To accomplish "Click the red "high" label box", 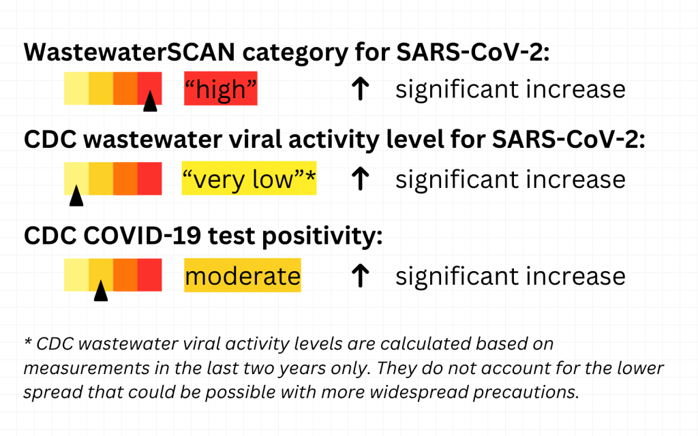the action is (x=220, y=89).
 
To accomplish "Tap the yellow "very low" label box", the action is (x=249, y=178).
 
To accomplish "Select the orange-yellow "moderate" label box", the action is (x=243, y=275).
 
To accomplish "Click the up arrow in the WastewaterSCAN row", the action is (x=360, y=88).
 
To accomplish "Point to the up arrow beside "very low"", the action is (x=360, y=178).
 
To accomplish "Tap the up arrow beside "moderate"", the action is (x=360, y=275).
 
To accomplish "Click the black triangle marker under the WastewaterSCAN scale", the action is (x=150, y=101).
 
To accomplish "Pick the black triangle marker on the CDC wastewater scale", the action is (x=76, y=196).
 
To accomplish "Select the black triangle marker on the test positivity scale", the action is (x=101, y=290).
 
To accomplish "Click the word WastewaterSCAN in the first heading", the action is (x=129, y=52).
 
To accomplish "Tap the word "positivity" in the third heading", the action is (x=322, y=236).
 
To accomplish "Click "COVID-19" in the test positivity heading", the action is (x=142, y=235).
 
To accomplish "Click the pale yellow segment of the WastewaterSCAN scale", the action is (x=76, y=89).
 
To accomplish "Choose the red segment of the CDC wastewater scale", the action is (x=149, y=178).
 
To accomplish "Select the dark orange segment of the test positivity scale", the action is (x=125, y=275).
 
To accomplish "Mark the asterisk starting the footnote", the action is (x=28, y=342).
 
